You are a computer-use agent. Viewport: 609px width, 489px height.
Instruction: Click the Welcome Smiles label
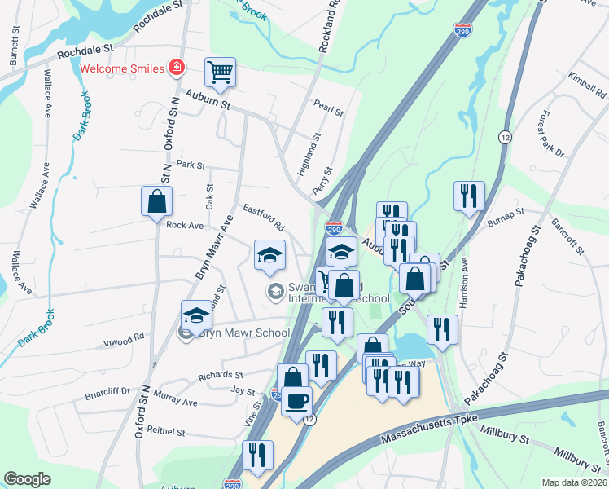tap(122, 67)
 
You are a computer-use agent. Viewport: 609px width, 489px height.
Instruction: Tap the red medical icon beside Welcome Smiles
tap(175, 67)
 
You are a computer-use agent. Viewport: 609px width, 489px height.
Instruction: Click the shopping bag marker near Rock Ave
tap(156, 201)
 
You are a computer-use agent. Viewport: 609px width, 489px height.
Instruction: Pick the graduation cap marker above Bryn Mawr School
tap(195, 315)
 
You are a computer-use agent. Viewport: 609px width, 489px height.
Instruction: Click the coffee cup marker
tap(296, 401)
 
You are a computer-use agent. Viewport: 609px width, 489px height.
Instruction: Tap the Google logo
tap(27, 479)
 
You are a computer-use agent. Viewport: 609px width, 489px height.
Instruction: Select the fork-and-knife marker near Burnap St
tap(469, 196)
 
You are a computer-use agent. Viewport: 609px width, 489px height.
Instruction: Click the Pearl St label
tap(328, 107)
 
